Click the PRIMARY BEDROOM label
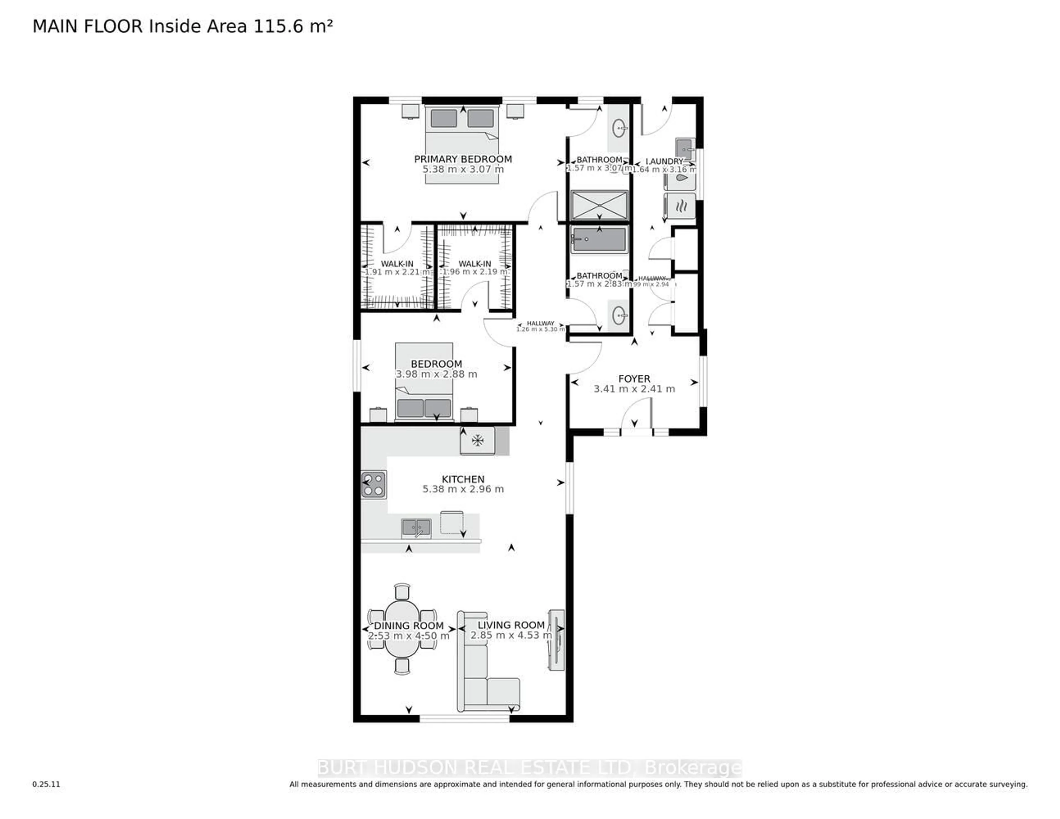pyautogui.click(x=463, y=159)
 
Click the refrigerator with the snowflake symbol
pyautogui.click(x=478, y=441)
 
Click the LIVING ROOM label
pyautogui.click(x=511, y=625)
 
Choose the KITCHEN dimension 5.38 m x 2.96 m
pyautogui.click(x=463, y=489)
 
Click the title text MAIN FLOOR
pyautogui.click(x=87, y=27)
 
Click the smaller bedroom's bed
pyautogui.click(x=424, y=382)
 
